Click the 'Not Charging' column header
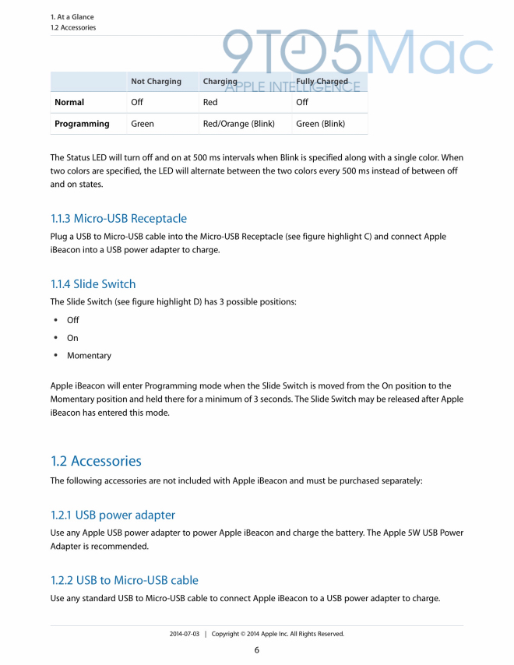tap(156, 81)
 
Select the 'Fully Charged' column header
tap(322, 81)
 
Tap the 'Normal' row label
tap(69, 102)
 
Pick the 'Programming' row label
tap(82, 123)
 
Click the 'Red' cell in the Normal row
tap(210, 102)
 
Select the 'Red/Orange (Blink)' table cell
tap(238, 123)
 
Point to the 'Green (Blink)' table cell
tap(320, 123)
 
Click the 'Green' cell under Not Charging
tap(143, 123)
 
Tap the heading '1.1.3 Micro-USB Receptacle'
tap(118, 218)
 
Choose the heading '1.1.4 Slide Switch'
tap(93, 283)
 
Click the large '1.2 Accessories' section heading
tap(96, 461)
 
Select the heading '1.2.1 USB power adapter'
tap(113, 515)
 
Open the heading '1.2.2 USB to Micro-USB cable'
tap(125, 580)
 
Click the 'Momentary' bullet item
tap(89, 356)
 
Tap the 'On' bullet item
tap(72, 338)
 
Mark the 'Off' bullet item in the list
tap(72, 320)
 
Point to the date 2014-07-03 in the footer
tap(185, 634)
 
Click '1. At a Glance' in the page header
tap(72, 16)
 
